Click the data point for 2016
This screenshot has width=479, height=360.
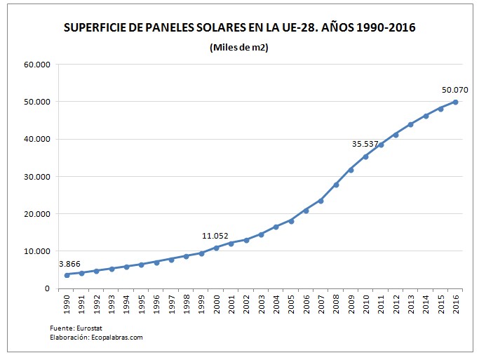tap(455, 102)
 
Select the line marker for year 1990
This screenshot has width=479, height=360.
tap(67, 274)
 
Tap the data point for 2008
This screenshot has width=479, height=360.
tap(336, 185)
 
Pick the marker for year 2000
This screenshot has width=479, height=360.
tap(216, 247)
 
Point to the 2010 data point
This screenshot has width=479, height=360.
tap(365, 156)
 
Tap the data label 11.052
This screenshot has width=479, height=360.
tap(215, 235)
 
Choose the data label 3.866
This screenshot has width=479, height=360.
tap(69, 263)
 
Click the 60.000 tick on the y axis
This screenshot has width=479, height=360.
tap(36, 65)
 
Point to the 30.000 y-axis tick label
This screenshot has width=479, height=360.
tap(36, 176)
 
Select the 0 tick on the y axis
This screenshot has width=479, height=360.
tap(48, 288)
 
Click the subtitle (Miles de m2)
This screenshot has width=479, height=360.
tap(239, 47)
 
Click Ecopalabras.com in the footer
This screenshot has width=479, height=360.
tap(117, 337)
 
